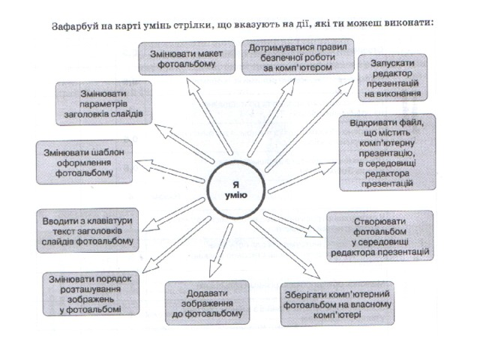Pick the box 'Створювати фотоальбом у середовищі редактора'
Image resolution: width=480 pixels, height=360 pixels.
pos(379,235)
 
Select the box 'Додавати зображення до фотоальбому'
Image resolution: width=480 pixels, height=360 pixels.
pos(205,301)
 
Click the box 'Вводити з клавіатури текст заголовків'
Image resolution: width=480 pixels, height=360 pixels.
pos(87,229)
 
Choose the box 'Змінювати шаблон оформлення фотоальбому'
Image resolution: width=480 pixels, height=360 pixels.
pos(85,160)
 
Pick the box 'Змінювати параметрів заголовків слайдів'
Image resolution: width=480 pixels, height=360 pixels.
pos(104,103)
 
